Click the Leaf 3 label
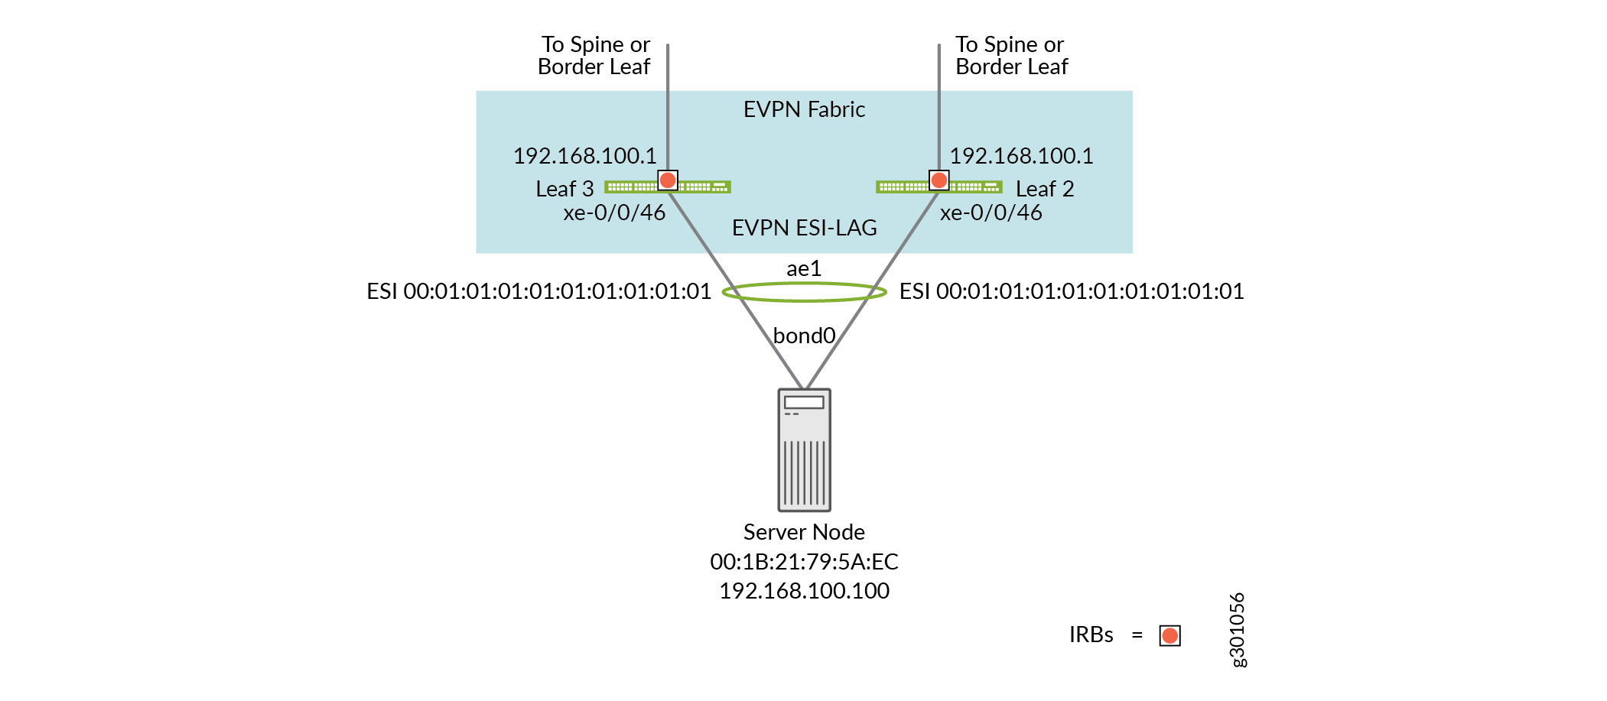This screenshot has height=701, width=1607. [564, 189]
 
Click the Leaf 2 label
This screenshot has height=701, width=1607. [1044, 189]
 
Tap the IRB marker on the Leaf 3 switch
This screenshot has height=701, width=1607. [668, 180]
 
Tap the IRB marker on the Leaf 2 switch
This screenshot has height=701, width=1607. [939, 180]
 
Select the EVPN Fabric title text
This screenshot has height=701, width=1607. [804, 110]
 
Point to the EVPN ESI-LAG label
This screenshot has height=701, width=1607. [804, 228]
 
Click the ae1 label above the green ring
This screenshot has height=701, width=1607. [804, 269]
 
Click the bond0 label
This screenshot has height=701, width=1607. [804, 336]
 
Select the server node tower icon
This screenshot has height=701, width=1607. [804, 450]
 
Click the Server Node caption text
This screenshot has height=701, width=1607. [804, 532]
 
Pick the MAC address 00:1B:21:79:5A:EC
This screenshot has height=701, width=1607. [804, 562]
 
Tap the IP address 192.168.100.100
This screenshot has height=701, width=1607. [804, 591]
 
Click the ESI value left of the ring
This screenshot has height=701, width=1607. [538, 291]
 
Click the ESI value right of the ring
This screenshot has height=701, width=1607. [1072, 291]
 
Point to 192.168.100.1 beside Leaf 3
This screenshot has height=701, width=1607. [584, 156]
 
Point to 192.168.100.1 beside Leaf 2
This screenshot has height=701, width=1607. [1021, 156]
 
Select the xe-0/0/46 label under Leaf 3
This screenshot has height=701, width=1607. [614, 213]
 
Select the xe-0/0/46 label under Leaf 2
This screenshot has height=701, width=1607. [991, 213]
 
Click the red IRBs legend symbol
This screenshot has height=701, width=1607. [1169, 635]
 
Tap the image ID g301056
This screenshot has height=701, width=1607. [1237, 630]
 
